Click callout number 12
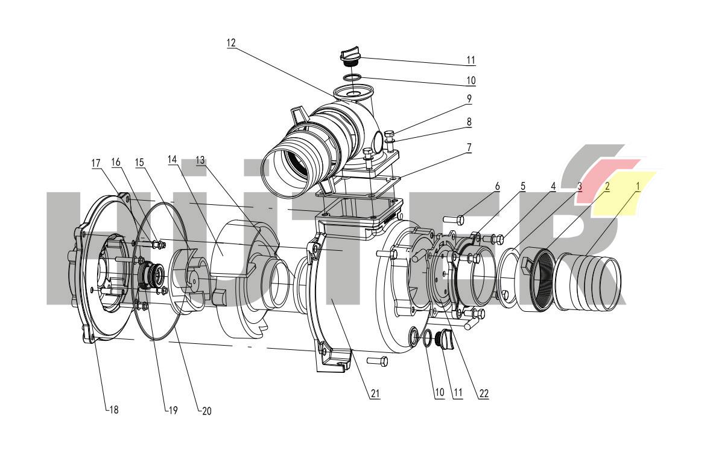(x=232, y=43)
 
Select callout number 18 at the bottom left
(x=113, y=409)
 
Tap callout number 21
(x=375, y=393)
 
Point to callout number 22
(x=484, y=393)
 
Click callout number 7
(x=468, y=147)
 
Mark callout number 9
(x=468, y=98)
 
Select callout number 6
(x=497, y=186)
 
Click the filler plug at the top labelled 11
(x=350, y=57)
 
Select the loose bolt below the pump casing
(x=377, y=361)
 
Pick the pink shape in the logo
(x=604, y=173)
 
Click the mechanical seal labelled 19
(x=149, y=276)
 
